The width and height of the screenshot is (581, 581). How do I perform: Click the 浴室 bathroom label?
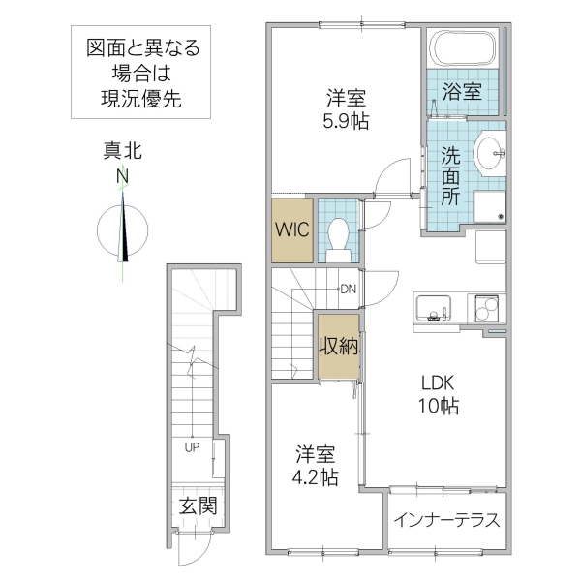[462, 93]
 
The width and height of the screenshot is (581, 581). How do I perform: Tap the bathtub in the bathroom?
[464, 48]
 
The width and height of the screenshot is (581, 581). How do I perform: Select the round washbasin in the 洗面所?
[492, 151]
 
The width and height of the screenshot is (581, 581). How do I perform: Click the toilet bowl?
[338, 235]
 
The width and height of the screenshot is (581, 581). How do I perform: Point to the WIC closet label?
[292, 230]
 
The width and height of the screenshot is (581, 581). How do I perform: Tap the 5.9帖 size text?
[347, 121]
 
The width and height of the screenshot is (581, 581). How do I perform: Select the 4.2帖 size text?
[317, 476]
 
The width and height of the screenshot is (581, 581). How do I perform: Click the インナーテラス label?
[446, 520]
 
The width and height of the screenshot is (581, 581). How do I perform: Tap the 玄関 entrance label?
[197, 505]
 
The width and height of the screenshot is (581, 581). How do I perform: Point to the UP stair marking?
[193, 447]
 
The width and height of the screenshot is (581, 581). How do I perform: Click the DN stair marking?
[348, 289]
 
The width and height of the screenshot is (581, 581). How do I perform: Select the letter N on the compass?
[123, 176]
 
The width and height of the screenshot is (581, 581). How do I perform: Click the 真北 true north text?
[123, 150]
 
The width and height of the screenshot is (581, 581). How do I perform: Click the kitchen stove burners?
[485, 308]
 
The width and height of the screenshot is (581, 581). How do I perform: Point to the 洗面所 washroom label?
[451, 175]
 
